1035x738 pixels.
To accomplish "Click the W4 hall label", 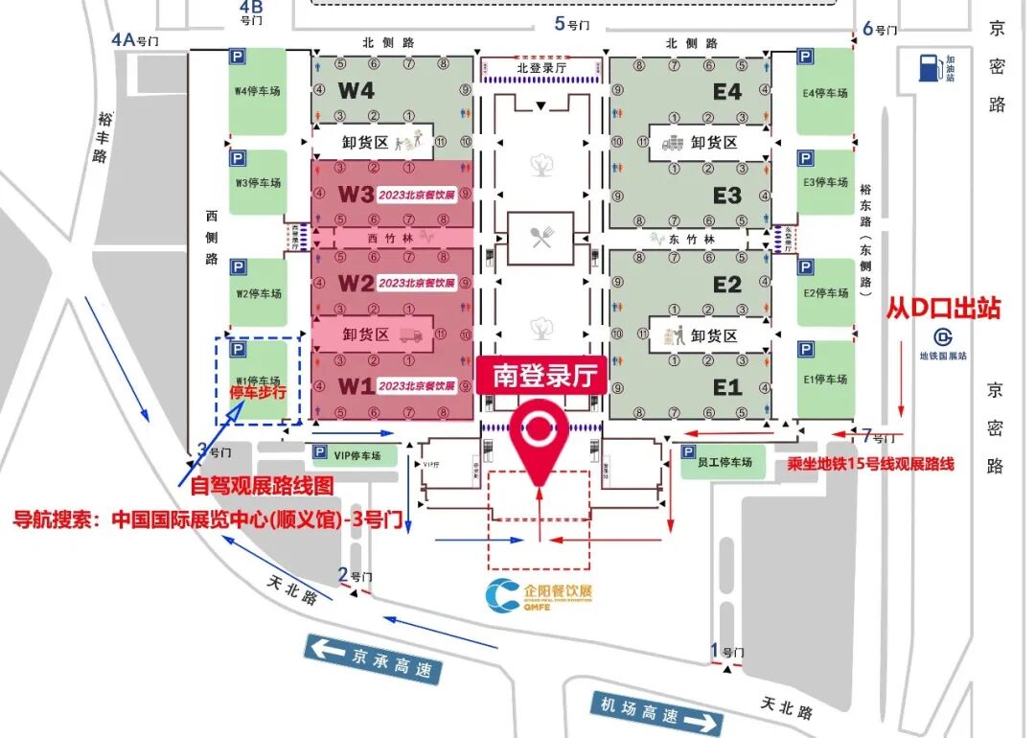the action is pos(356,92).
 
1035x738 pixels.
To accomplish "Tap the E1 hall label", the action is pos(727,387).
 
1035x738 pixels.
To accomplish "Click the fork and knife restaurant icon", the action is pos(540,239).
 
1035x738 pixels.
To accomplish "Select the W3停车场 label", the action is pos(258,183).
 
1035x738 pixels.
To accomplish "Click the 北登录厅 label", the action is pos(541,68).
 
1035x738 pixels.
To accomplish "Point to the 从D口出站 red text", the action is pos(943,309).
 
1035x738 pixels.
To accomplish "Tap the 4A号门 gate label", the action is pos(134,40).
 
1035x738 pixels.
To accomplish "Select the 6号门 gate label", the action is pos(880,29).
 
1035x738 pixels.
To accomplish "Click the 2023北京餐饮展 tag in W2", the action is pos(416,283).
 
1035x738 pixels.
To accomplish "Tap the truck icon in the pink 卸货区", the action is pos(409,335).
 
